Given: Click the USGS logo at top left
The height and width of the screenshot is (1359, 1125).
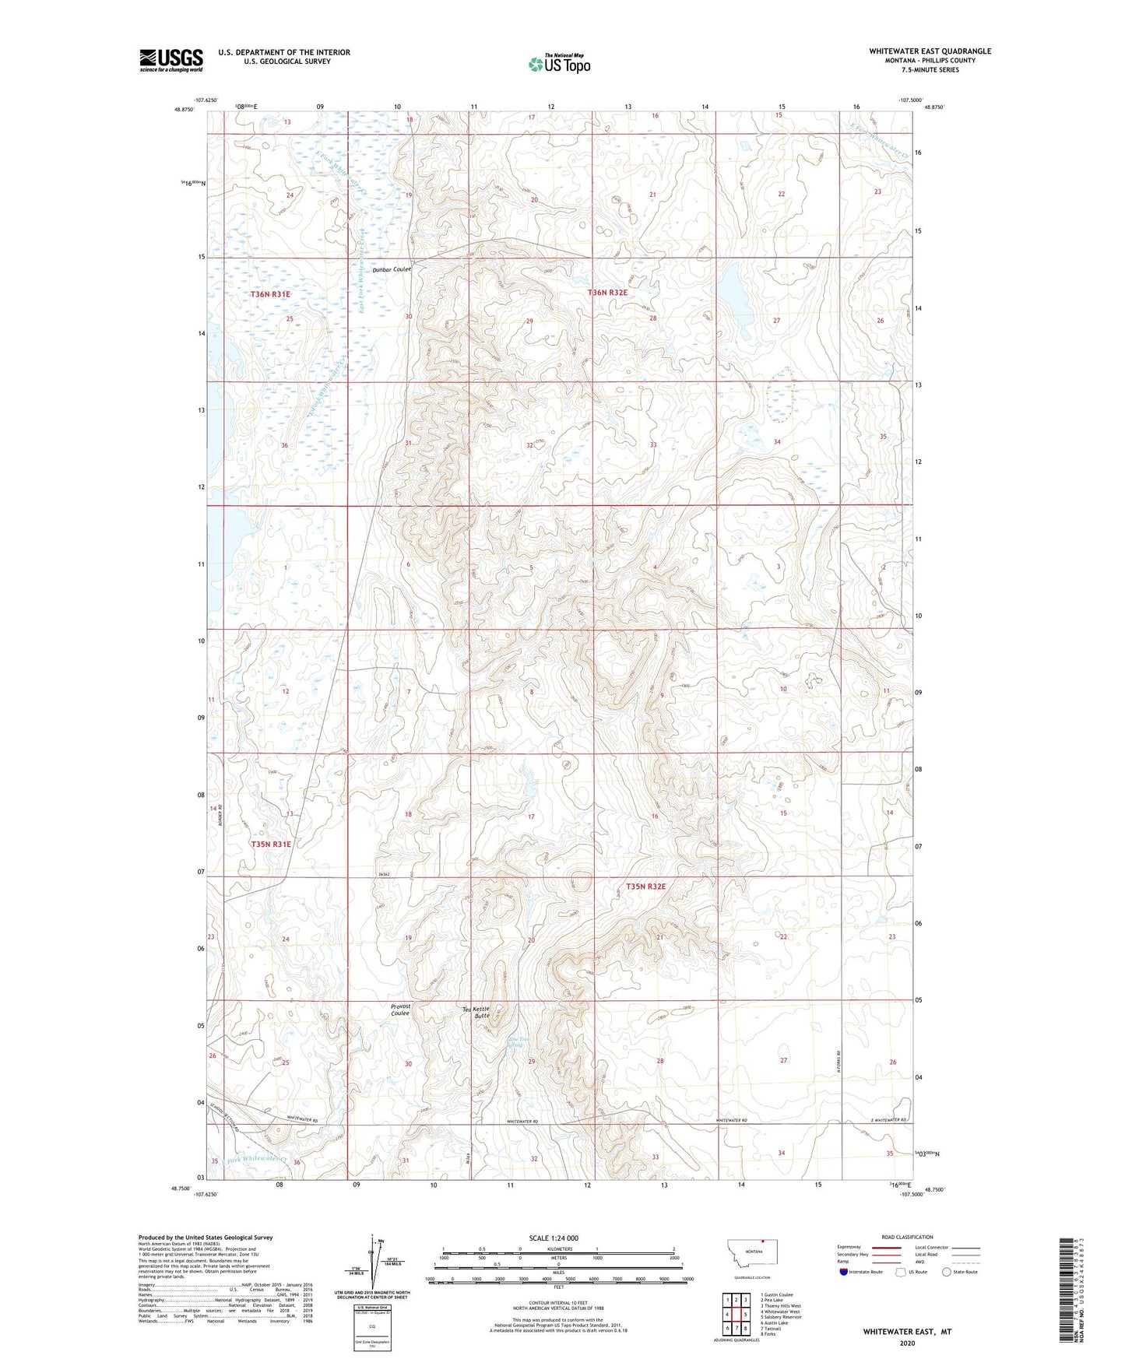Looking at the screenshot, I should pyautogui.click(x=171, y=60).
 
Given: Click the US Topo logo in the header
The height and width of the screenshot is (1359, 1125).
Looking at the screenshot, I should pyautogui.click(x=559, y=64).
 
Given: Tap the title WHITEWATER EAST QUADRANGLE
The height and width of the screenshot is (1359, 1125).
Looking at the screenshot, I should pyautogui.click(x=930, y=51).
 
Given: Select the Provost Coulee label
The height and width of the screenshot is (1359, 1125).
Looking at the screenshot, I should pyautogui.click(x=400, y=1010).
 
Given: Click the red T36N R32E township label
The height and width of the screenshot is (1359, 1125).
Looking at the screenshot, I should pyautogui.click(x=607, y=293).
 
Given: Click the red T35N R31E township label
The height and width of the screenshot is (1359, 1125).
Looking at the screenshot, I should pyautogui.click(x=270, y=844).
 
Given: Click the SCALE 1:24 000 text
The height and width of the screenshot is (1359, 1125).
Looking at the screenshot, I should pyautogui.click(x=554, y=1238).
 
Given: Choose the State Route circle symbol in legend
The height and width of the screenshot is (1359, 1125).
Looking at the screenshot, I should pyautogui.click(x=947, y=1272).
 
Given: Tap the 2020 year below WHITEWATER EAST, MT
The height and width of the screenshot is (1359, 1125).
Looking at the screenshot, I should pyautogui.click(x=907, y=1343).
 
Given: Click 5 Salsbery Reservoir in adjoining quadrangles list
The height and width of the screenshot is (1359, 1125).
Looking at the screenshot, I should pyautogui.click(x=781, y=1317).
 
